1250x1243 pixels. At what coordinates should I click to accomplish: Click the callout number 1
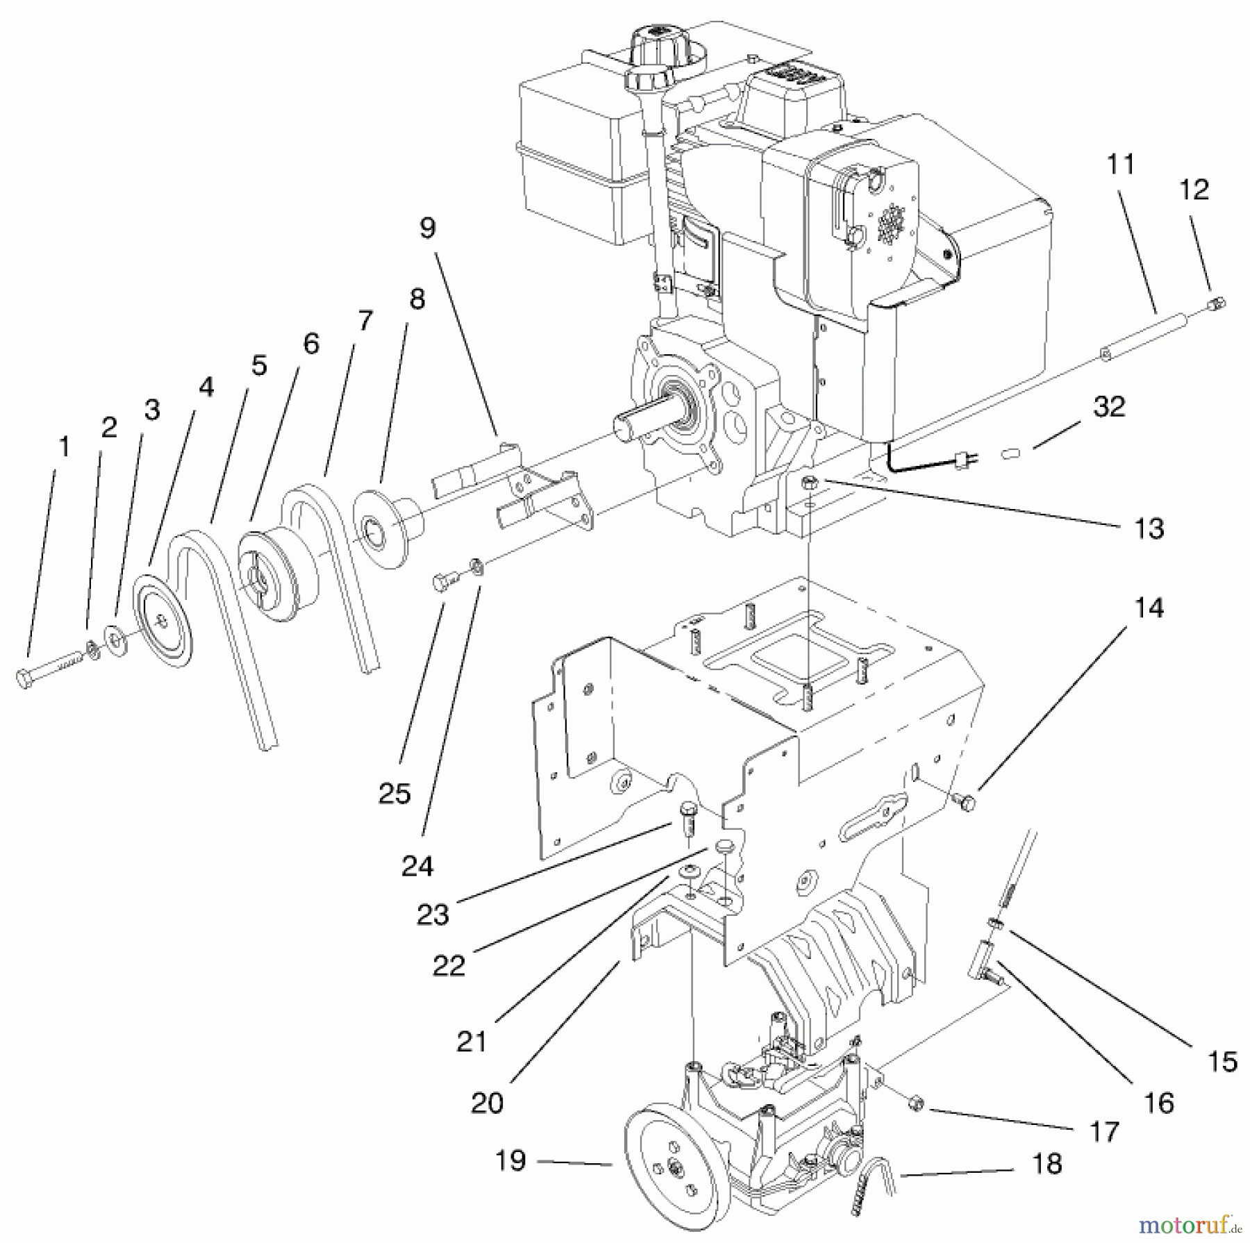[64, 447]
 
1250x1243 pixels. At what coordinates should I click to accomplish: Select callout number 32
[1108, 407]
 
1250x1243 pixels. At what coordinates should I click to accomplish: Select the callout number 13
[1148, 528]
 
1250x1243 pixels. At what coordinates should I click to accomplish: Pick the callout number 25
[394, 793]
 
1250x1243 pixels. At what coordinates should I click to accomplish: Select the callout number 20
[486, 1103]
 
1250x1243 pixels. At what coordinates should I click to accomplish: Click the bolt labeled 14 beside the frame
[965, 802]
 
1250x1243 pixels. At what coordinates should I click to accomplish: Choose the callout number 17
[1104, 1132]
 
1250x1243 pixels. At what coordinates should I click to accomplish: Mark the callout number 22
[449, 965]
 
